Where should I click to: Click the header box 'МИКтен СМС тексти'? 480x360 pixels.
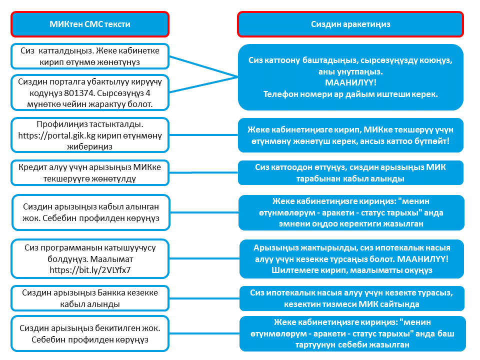[90, 24]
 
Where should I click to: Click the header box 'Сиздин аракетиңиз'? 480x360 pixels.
[350, 24]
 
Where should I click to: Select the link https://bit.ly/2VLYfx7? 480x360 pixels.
[90, 270]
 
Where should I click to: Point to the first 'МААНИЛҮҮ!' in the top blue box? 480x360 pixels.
[350, 82]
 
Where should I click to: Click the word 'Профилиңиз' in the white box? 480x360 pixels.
[62, 124]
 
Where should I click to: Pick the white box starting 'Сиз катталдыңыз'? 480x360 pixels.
[90, 56]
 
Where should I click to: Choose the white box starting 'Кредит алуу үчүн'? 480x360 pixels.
[90, 172]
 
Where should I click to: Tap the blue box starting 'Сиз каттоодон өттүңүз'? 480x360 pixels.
[350, 172]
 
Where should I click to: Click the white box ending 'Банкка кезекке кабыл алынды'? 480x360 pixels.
[90, 298]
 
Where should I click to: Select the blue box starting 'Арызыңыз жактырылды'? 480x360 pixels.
[351, 259]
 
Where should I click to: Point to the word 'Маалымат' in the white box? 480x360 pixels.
[111, 259]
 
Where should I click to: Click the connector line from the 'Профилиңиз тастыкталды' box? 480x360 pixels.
[203, 134]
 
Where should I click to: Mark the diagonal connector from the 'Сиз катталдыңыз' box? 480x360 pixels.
[203, 66]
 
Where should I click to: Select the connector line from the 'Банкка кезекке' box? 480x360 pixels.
[204, 298]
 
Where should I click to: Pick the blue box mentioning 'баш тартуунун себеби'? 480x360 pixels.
[352, 333]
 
